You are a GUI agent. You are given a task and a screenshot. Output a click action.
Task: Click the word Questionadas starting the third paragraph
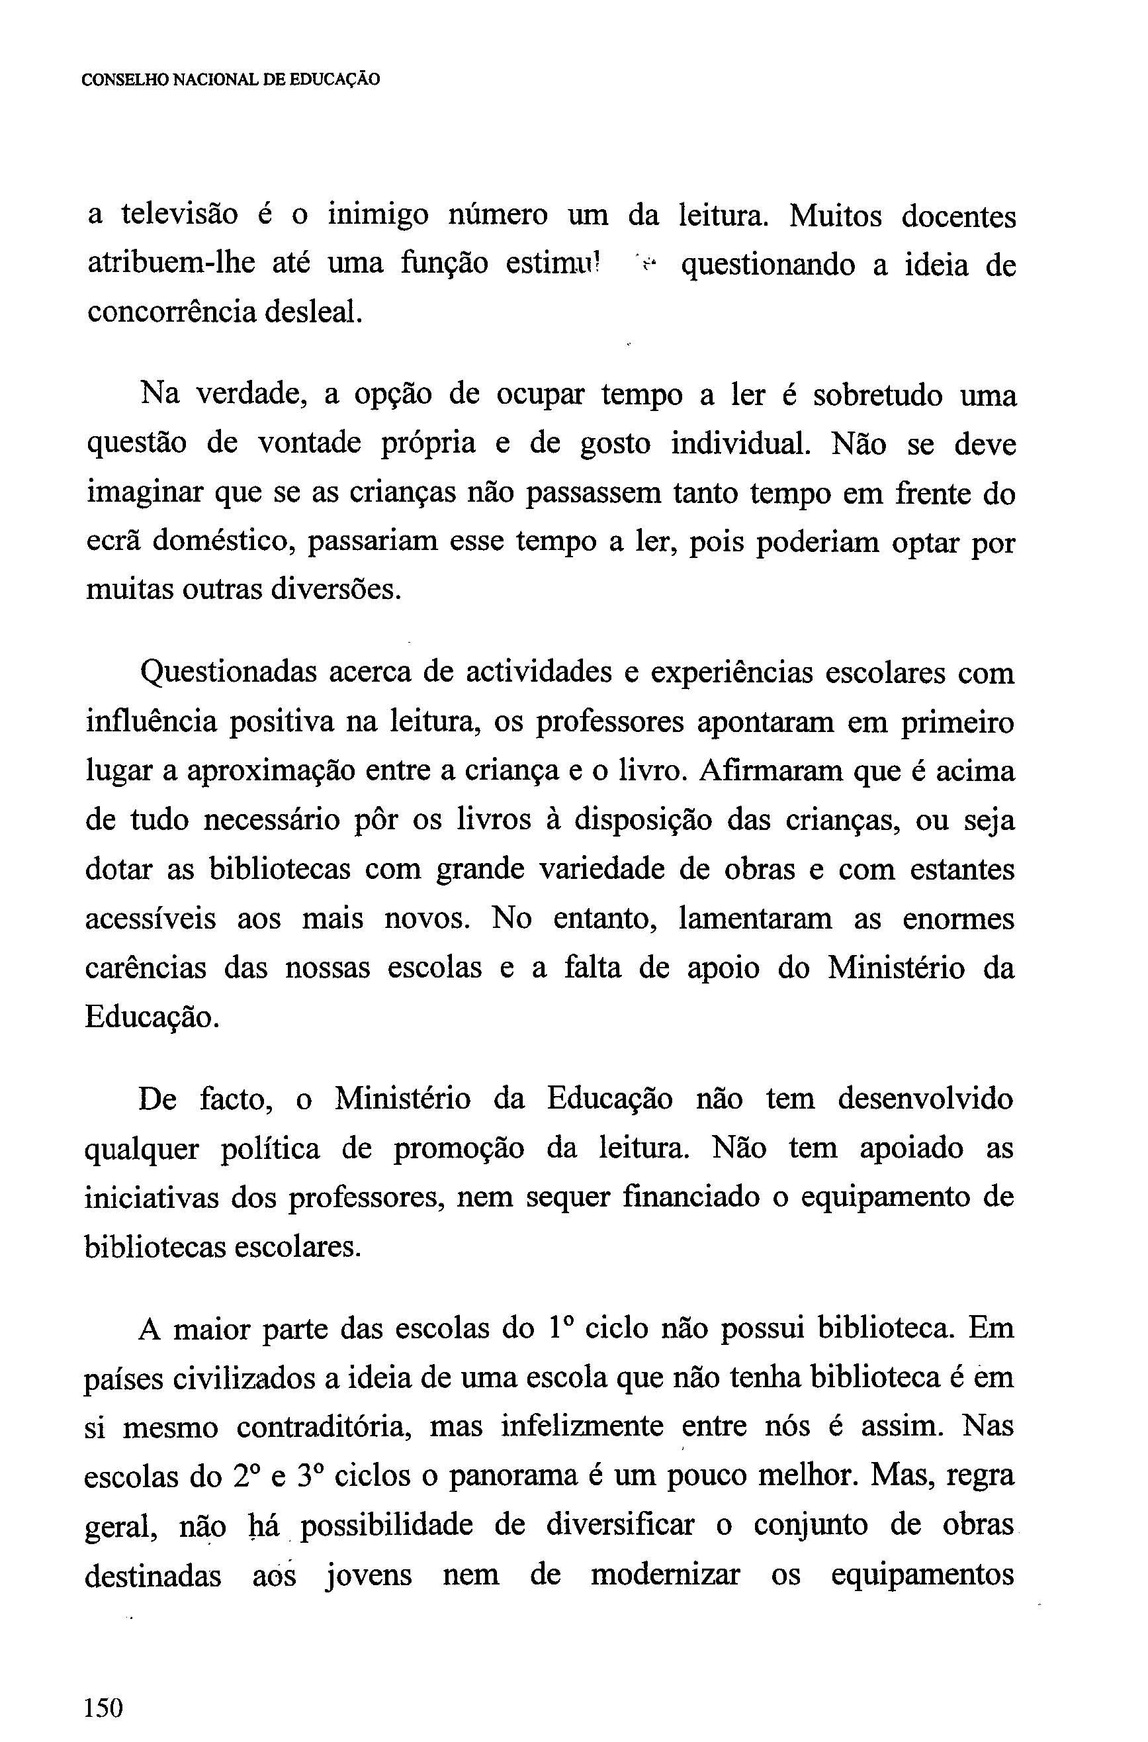[x=228, y=673]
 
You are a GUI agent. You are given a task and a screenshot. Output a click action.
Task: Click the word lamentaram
[x=756, y=918]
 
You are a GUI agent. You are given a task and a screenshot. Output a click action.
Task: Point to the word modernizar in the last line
[x=665, y=1575]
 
